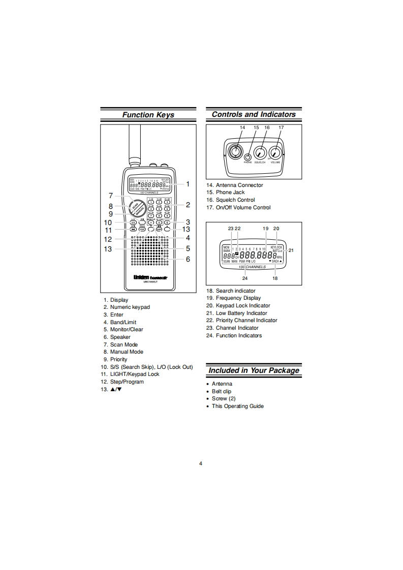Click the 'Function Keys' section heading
coord(148,115)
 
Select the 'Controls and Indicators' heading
coord(253,114)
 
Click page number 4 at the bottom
coord(201,463)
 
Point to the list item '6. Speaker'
coord(117,337)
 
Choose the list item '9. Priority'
coord(115,359)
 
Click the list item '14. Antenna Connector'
coord(235,185)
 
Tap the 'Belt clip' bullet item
coord(221,391)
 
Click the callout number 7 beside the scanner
coord(110,196)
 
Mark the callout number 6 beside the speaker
coord(188,259)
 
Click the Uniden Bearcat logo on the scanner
coord(147,277)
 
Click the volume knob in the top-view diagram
coord(275,152)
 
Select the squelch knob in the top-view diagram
coord(260,152)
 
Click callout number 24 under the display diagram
coord(245,278)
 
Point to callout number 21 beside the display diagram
coord(291,250)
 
